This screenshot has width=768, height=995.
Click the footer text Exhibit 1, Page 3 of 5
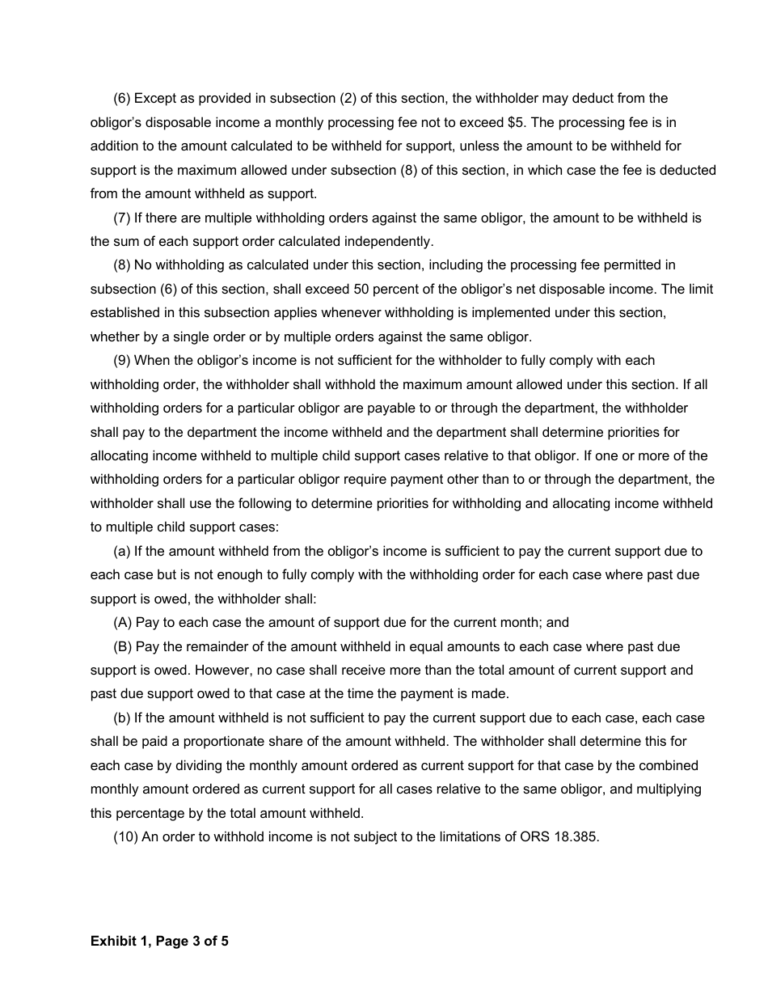tap(159, 941)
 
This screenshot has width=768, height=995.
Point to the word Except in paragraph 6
tap(156, 99)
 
